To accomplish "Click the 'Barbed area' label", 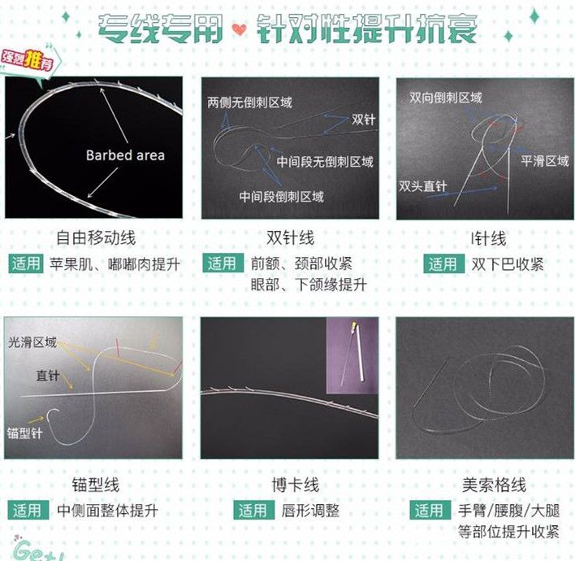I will pos(125,155).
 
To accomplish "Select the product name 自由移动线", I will pos(96,238).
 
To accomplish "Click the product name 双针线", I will pos(290,238).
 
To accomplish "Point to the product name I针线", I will pos(488,238).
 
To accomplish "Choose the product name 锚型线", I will pos(96,485).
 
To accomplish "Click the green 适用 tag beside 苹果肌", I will pos(27,263).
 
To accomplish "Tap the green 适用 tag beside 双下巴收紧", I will pos(443,263).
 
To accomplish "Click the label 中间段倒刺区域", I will pos(281,197).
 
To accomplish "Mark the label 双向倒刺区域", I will pos(445,98).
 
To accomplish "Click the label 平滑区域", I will pos(544,161).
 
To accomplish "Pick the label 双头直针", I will pos(423,186).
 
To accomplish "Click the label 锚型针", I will pos(25,432).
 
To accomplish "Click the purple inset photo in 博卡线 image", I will pos(352,355).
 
